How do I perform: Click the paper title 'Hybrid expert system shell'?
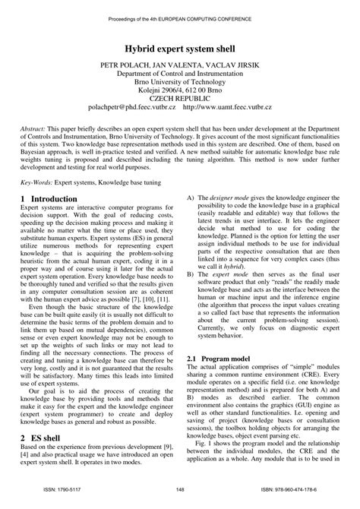[180, 47]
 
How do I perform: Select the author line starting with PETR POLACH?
[180, 66]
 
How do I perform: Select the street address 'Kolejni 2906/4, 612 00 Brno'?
[180, 93]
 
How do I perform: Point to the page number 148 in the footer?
[180, 490]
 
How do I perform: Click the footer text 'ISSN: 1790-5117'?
[60, 490]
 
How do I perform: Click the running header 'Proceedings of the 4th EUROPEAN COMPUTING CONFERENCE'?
[180, 14]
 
